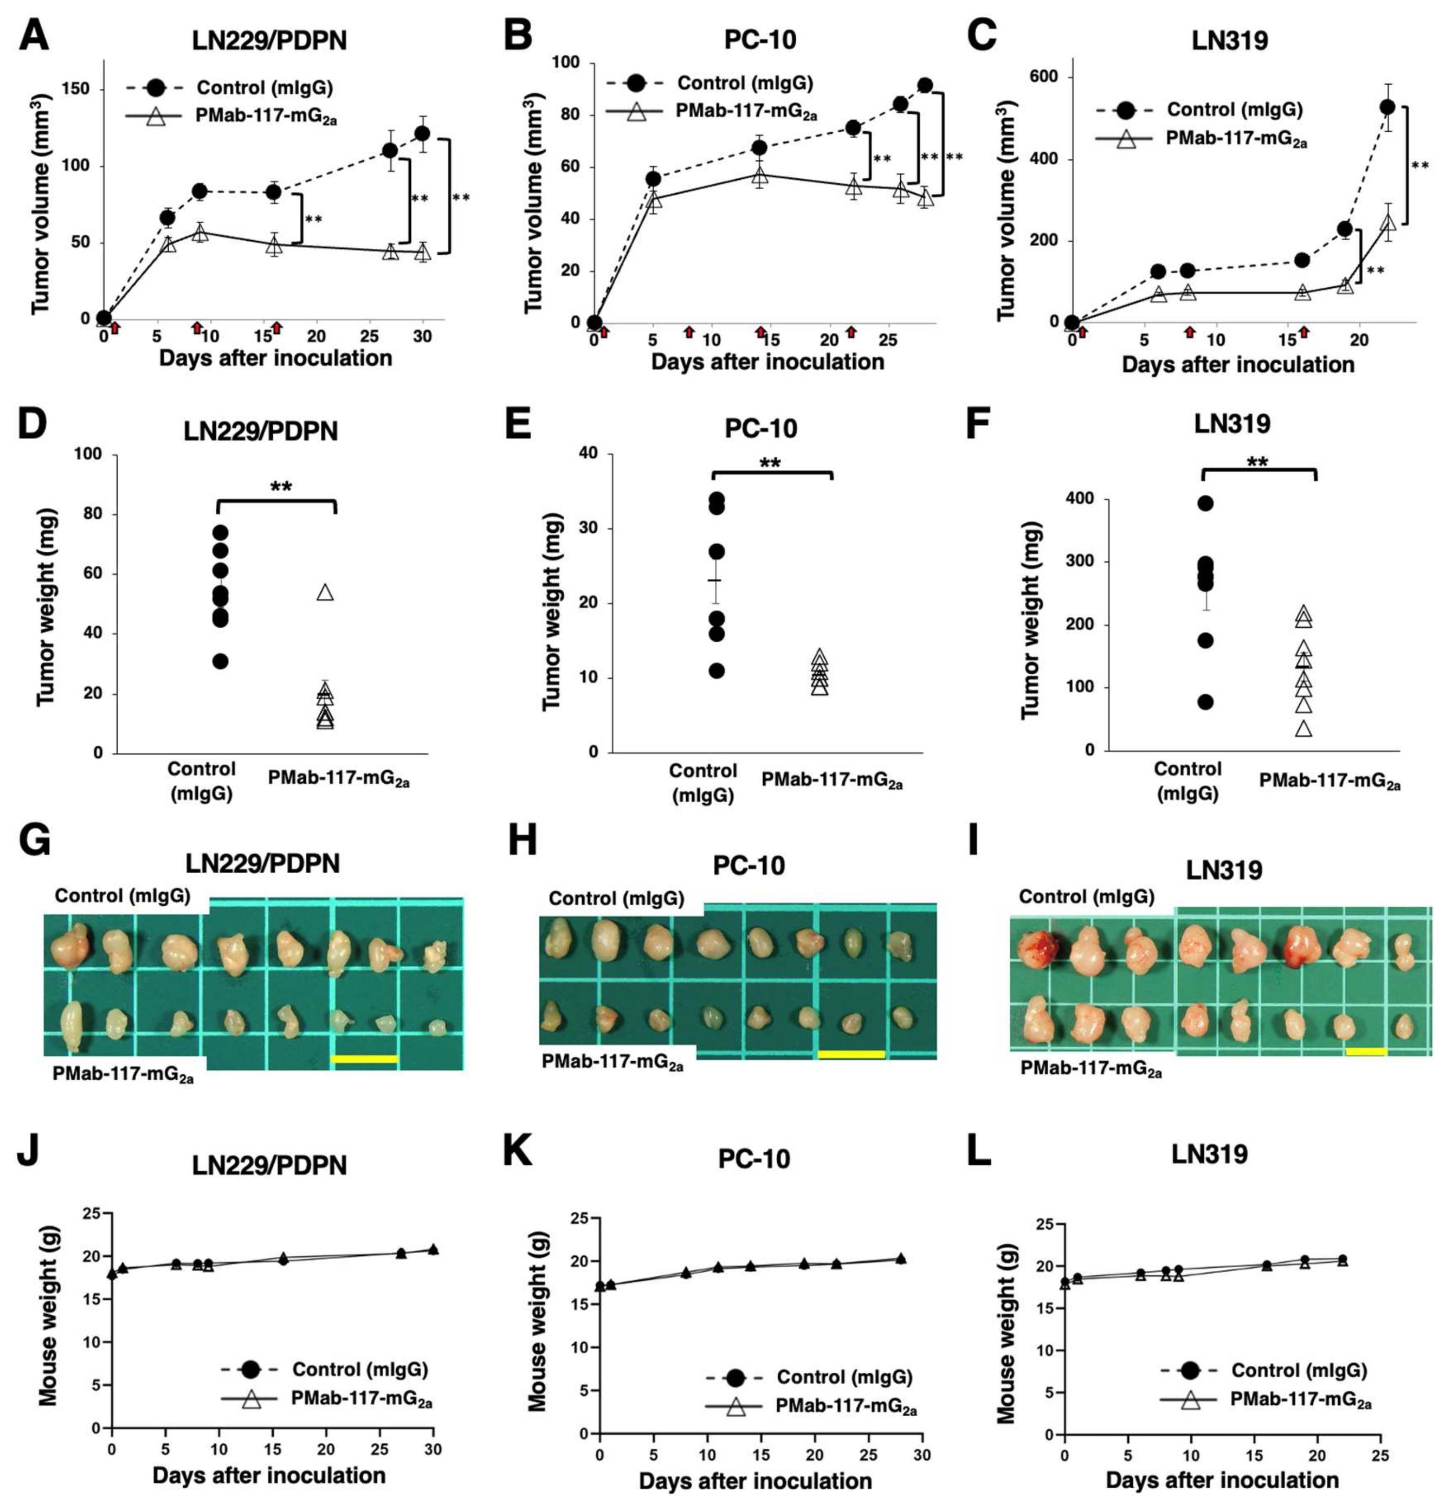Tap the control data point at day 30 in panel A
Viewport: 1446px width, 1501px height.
(422, 134)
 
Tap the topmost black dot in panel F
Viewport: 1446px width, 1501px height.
(1206, 503)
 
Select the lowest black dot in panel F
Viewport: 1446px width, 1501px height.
(1206, 702)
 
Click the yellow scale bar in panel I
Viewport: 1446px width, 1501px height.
(1366, 1052)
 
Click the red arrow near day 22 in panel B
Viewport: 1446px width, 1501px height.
(851, 332)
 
